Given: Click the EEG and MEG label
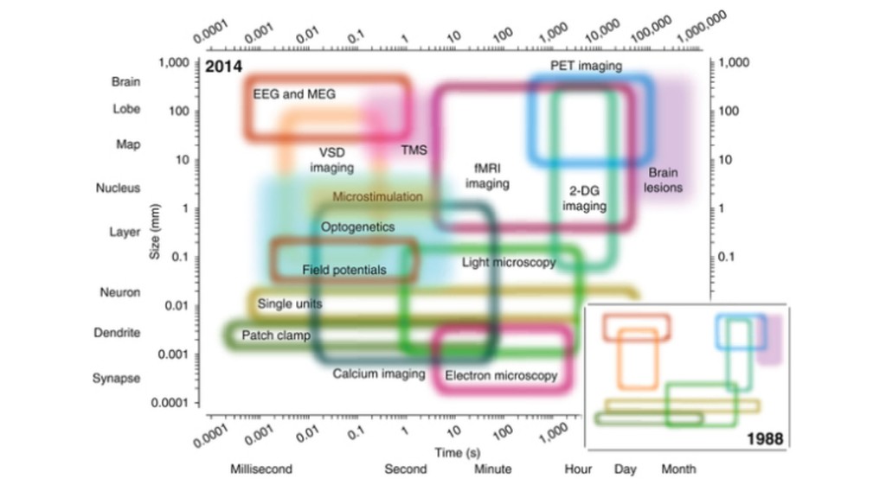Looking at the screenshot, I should click(x=293, y=93).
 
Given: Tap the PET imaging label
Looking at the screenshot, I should click(x=586, y=66).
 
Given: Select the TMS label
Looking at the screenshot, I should click(x=414, y=150).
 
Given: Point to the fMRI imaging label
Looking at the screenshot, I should click(x=487, y=176).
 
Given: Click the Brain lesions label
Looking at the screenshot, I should click(x=664, y=180).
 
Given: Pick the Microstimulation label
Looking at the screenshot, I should click(x=377, y=197).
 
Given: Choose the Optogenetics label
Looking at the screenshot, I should click(x=357, y=227).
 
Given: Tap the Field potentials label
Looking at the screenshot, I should click(x=344, y=270).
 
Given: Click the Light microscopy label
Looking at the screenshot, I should click(x=508, y=262).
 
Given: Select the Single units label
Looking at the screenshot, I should click(x=290, y=304).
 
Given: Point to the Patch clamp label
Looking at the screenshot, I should click(x=275, y=335).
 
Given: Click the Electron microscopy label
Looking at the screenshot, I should click(x=501, y=376).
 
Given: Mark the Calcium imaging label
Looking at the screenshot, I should click(x=379, y=373).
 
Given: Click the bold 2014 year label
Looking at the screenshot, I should click(x=223, y=67).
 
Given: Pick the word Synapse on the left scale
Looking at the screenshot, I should click(x=116, y=378).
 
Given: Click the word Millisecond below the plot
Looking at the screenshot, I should click(x=260, y=469).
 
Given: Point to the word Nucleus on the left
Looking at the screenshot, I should click(x=118, y=188).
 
